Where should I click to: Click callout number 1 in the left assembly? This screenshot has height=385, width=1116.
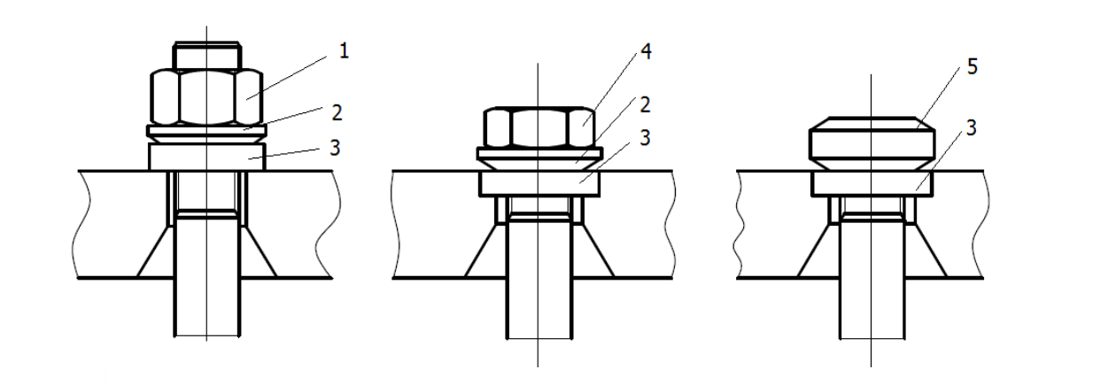[344, 51]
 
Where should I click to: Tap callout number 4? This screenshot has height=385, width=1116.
[646, 51]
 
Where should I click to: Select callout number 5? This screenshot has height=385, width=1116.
[972, 66]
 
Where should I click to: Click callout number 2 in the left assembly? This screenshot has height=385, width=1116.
[337, 113]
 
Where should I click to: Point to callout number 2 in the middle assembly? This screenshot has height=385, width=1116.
[645, 105]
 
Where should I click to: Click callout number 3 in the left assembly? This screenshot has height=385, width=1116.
[336, 148]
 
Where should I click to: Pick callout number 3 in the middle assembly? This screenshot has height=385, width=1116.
[645, 137]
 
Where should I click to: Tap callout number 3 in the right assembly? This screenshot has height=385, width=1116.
[971, 128]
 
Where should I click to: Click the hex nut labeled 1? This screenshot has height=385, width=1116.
[206, 96]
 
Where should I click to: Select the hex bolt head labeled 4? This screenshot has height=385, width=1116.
[539, 127]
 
